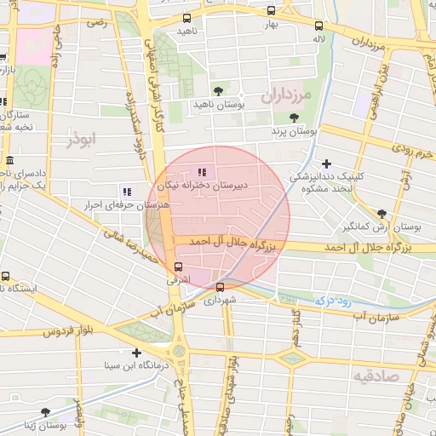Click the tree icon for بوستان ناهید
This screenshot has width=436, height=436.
[218, 90]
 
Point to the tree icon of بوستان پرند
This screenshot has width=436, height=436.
[294, 118]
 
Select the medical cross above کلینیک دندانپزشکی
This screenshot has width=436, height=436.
[326, 163]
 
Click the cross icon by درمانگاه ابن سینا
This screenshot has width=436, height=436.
[136, 352]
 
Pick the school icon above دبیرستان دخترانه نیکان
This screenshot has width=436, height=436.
[201, 172]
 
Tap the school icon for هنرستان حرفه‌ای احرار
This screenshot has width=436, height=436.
[126, 192]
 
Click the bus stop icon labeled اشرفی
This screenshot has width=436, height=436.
[177, 267]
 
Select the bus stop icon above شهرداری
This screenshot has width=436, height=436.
[221, 287]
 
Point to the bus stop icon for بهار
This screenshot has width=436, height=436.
[271, 11]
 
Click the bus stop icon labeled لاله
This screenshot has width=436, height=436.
[318, 26]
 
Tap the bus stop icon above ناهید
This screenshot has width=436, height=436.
[186, 18]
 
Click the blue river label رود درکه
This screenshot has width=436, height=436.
[333, 300]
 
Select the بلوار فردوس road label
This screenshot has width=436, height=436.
[65, 330]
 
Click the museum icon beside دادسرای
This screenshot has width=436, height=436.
[9, 161]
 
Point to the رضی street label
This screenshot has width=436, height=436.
[99, 22]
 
